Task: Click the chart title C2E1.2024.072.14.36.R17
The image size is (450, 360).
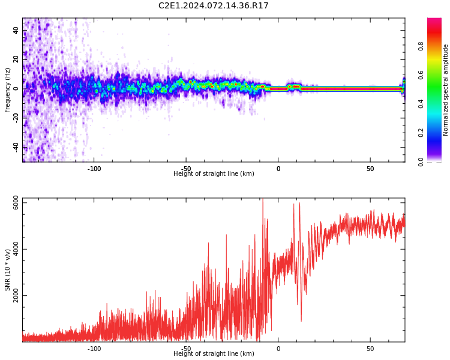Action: [x=214, y=6]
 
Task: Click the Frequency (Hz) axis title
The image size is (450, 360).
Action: [x=8, y=90]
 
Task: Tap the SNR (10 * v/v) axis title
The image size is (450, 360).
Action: [x=8, y=271]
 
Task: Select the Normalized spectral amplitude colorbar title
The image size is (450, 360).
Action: [x=446, y=90]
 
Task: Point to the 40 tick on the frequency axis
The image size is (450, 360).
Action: [x=16, y=30]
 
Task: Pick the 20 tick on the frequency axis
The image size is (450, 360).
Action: [x=16, y=59]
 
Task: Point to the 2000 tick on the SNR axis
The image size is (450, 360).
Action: [x=16, y=296]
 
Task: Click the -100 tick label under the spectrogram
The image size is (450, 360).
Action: [x=94, y=169]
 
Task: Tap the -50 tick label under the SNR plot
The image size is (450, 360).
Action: [x=186, y=349]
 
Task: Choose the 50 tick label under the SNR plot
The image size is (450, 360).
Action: [x=370, y=349]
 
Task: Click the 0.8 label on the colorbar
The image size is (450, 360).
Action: [x=421, y=46]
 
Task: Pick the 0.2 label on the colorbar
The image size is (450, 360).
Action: [x=421, y=133]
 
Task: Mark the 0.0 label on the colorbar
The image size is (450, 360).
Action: [x=421, y=161]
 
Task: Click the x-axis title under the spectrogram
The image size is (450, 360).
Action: [x=214, y=174]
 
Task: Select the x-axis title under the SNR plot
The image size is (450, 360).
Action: [x=214, y=354]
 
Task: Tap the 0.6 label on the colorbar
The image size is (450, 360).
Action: [x=421, y=74]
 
